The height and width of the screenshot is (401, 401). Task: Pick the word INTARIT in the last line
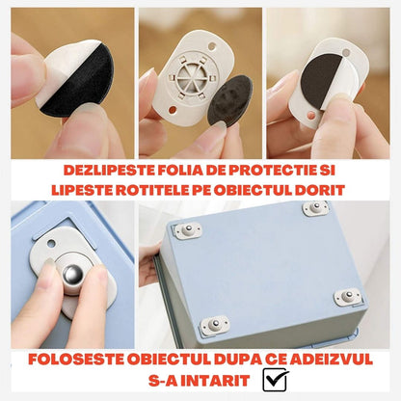[x=218, y=381]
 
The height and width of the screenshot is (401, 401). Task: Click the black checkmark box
[x=275, y=380]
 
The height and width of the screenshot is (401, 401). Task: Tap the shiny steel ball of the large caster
[x=73, y=275]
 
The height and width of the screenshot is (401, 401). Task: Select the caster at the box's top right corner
[x=315, y=208]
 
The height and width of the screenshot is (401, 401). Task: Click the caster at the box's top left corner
[x=188, y=230]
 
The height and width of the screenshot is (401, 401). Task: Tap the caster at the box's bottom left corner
[x=215, y=325]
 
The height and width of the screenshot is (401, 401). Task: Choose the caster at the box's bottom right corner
[x=347, y=297]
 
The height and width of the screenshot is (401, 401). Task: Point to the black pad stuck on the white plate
[x=322, y=78]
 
